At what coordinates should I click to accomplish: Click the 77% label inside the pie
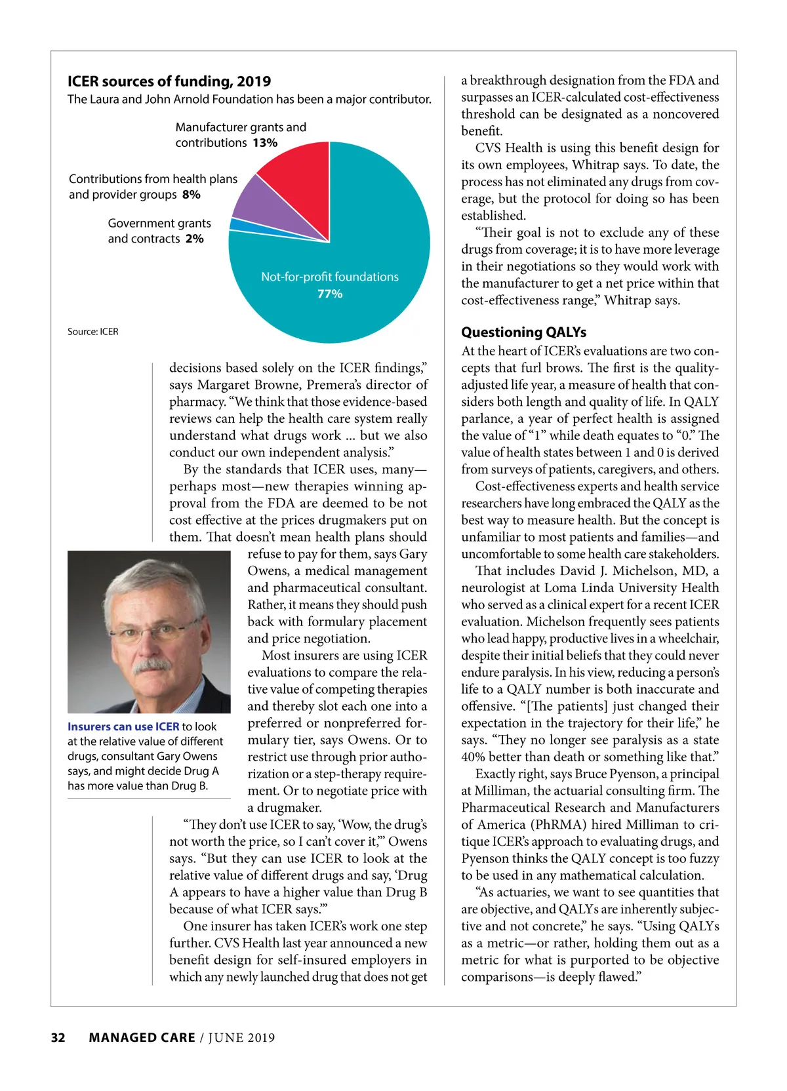click(330, 294)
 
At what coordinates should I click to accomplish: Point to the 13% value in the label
click(265, 143)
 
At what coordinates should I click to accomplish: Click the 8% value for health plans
click(192, 195)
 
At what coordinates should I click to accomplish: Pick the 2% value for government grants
click(195, 239)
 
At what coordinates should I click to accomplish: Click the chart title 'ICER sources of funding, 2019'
click(169, 81)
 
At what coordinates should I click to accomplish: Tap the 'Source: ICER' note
click(93, 332)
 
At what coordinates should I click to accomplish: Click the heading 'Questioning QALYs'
click(523, 332)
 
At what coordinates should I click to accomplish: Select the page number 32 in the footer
click(58, 1037)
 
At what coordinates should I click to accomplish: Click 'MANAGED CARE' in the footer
click(142, 1037)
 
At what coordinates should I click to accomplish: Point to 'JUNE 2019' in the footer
click(242, 1038)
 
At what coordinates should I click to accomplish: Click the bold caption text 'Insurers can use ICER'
click(123, 726)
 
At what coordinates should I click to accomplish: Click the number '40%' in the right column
click(477, 757)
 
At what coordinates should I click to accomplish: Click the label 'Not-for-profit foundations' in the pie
click(330, 277)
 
